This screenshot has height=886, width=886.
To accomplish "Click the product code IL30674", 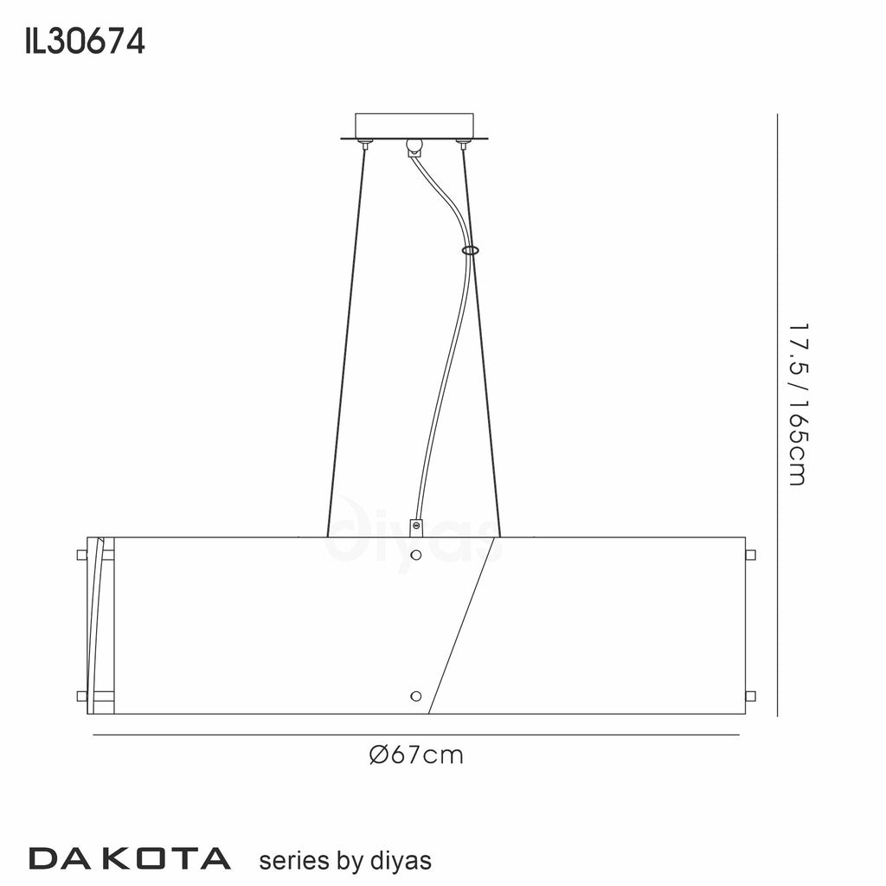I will (x=85, y=41).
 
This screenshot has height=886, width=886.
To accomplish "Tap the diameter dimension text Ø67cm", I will (x=416, y=755).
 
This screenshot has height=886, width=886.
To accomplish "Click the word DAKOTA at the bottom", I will (x=130, y=858).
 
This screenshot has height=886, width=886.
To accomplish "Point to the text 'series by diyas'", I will (x=345, y=860).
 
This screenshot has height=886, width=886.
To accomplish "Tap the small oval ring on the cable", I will (x=470, y=250).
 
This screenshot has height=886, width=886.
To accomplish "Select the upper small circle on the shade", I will (x=416, y=554).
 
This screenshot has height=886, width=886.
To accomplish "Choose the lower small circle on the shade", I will (x=416, y=696).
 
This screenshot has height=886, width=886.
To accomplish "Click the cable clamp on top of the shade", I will (x=416, y=525).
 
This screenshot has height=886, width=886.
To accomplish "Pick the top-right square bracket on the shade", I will (x=750, y=554).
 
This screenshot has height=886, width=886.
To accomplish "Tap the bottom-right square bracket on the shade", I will (x=750, y=696).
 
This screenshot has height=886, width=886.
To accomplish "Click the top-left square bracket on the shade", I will (x=81, y=554).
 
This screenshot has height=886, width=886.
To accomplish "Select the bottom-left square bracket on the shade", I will (x=81, y=696).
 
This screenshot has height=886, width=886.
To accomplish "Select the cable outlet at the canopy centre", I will (x=414, y=147).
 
